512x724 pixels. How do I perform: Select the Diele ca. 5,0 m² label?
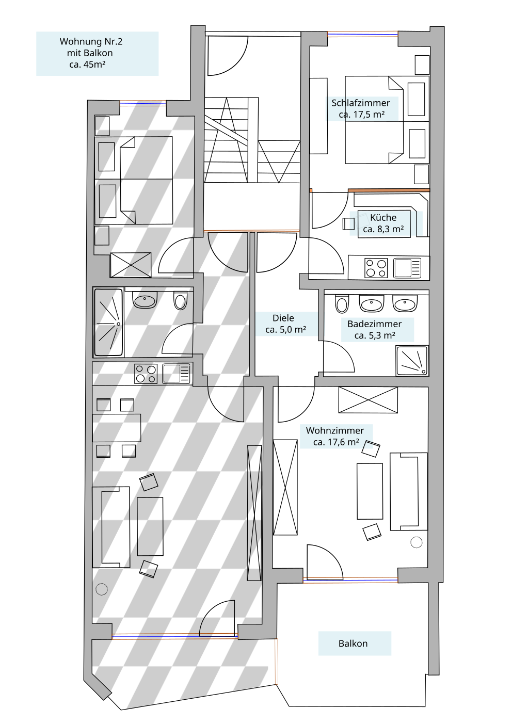pyautogui.click(x=285, y=324)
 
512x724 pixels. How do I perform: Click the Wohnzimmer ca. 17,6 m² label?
pyautogui.click(x=335, y=436)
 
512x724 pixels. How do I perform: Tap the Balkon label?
pyautogui.click(x=353, y=643)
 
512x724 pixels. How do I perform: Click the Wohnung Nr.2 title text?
pyautogui.click(x=91, y=41)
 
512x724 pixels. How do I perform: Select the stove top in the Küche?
pyautogui.click(x=376, y=268)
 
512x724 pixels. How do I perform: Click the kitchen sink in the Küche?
pyautogui.click(x=407, y=268)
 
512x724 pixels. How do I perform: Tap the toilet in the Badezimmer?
pyautogui.click(x=342, y=304)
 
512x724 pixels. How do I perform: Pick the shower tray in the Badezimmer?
pyautogui.click(x=412, y=361)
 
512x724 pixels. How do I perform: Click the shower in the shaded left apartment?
pyautogui.click(x=108, y=323)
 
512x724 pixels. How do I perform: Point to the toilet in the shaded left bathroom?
pyautogui.click(x=180, y=301)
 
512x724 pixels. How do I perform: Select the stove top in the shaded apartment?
pyautogui.click(x=146, y=374)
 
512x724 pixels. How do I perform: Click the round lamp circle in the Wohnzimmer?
pyautogui.click(x=417, y=542)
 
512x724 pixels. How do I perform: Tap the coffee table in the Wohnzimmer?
pyautogui.click(x=370, y=491)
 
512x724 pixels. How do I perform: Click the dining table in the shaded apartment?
pyautogui.click(x=117, y=428)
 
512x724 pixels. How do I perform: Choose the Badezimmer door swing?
pyautogui.click(x=339, y=357)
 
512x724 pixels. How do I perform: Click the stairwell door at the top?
pyautogui.click(x=228, y=56)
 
